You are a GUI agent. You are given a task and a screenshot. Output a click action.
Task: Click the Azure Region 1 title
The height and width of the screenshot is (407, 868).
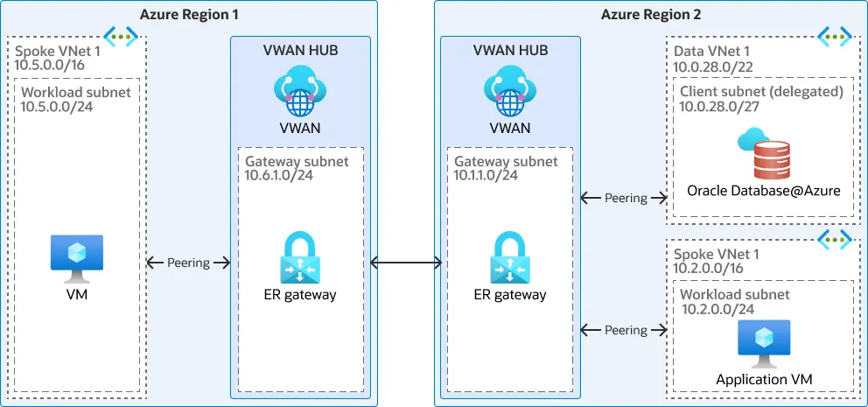pyautogui.click(x=189, y=14)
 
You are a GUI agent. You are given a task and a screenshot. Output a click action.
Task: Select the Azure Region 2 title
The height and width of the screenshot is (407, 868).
pyautogui.click(x=650, y=14)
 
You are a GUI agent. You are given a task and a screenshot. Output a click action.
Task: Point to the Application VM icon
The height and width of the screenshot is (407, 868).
pyautogui.click(x=763, y=343)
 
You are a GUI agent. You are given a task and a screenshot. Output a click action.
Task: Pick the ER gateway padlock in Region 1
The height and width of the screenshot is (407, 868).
pyautogui.click(x=300, y=256)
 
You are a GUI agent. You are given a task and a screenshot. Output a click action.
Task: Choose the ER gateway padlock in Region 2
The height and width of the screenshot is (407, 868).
pyautogui.click(x=509, y=256)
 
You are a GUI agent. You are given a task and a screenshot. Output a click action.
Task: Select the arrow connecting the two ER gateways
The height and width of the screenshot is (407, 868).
pyautogui.click(x=405, y=262)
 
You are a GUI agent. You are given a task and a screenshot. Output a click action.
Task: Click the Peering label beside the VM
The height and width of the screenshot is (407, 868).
pyautogui.click(x=188, y=263)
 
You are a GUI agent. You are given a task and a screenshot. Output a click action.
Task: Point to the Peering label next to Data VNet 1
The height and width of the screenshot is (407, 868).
pyautogui.click(x=626, y=198)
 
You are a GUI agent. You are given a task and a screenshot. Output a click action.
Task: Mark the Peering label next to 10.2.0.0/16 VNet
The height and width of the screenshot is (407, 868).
pyautogui.click(x=626, y=330)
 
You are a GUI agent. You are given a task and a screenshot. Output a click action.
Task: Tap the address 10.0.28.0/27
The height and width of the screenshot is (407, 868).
pyautogui.click(x=720, y=106)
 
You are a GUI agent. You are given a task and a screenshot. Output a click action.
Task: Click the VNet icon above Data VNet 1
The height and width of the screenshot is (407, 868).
pyautogui.click(x=834, y=36)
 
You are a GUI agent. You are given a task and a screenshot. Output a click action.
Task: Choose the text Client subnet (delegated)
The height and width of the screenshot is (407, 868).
pyautogui.click(x=761, y=91)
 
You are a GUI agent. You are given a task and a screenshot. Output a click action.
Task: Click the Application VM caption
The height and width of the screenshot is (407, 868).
pyautogui.click(x=763, y=379)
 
